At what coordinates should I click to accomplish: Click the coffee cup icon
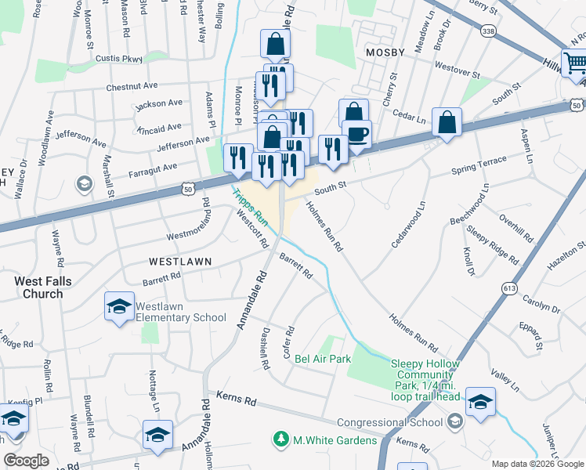point(357,133)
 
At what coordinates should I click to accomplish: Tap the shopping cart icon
point(576,61)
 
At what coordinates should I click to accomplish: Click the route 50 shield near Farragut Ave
point(187,188)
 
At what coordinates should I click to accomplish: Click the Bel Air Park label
point(323,360)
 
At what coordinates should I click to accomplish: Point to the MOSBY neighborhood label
point(385,52)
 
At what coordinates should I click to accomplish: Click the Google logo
point(26,461)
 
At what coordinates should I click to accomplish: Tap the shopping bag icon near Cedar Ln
point(447,121)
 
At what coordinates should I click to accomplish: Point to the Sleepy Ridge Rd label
point(493,244)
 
